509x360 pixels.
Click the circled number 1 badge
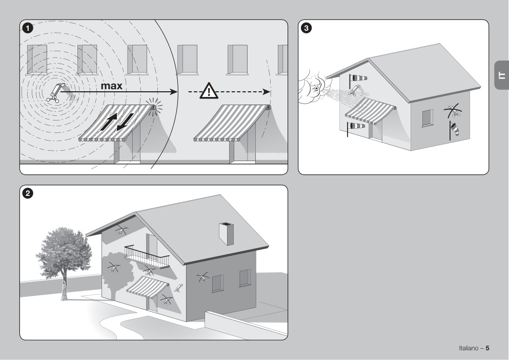click(x=28, y=28)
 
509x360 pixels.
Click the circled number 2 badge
click(x=28, y=193)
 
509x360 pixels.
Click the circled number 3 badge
click(x=306, y=28)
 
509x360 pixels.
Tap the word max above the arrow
click(x=111, y=86)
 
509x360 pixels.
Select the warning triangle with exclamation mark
click(x=209, y=91)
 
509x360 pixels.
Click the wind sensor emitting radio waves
click(x=56, y=93)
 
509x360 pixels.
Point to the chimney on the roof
click(x=226, y=233)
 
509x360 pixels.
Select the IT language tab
click(x=501, y=75)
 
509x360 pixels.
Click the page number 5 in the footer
click(x=487, y=348)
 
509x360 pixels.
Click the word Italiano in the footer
click(x=468, y=348)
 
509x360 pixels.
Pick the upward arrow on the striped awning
click(x=109, y=121)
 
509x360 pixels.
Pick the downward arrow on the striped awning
click(x=125, y=122)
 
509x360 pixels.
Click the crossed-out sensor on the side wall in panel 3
click(x=454, y=110)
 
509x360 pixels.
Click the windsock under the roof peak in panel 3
click(x=358, y=78)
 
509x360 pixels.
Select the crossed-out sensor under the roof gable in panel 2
click(x=121, y=229)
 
